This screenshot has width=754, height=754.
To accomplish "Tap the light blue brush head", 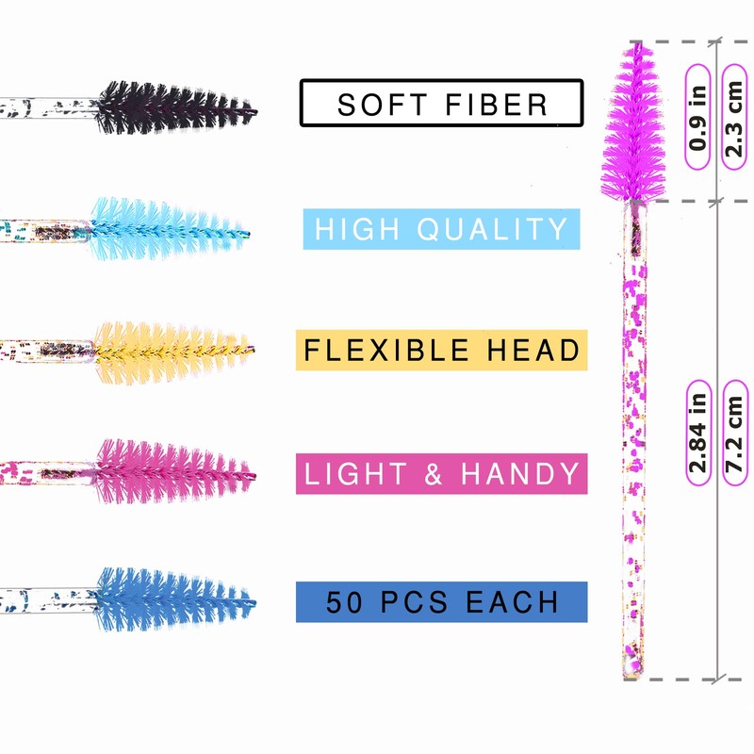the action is (x=170, y=229).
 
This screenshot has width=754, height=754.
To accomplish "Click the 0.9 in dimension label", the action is (x=699, y=116).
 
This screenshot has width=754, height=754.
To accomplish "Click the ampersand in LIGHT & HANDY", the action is (x=434, y=472).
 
